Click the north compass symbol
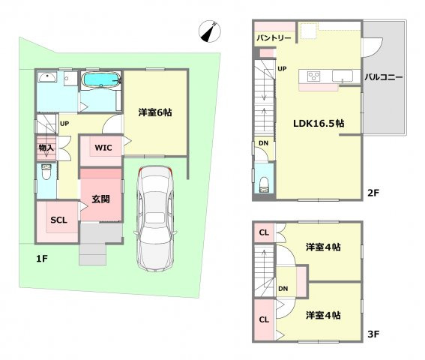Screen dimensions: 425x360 210,31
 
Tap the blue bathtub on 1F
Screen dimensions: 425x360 101,79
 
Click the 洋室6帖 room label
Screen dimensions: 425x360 155,112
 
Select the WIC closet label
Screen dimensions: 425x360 103,148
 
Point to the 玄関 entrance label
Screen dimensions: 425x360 100,199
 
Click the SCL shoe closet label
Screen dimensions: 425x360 58,220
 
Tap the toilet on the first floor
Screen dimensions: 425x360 46,172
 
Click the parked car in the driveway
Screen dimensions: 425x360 155,219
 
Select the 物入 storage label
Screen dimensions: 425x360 46,148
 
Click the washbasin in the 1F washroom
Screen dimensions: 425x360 47,76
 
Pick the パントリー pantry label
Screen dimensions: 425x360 274,37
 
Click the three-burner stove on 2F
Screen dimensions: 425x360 313,76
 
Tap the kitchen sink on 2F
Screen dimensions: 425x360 343,76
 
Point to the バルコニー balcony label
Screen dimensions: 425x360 384,77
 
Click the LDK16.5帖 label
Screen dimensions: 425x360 319,124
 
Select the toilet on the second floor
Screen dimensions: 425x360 264,184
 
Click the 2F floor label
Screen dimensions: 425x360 373,193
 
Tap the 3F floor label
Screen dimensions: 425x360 373,334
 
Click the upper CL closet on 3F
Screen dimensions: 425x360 264,232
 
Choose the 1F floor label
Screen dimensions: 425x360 42,259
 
